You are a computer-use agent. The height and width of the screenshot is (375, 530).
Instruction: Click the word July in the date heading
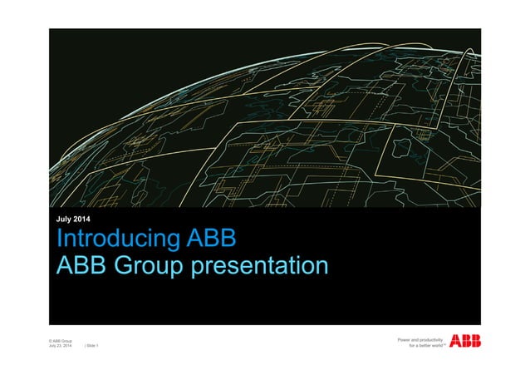click(61, 219)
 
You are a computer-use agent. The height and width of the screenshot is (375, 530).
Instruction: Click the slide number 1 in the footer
click(97, 347)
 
